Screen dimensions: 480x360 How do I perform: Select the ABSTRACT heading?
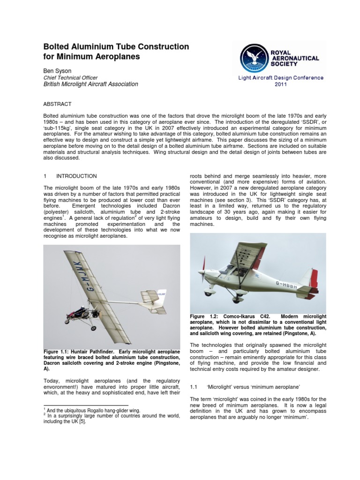click(x=57, y=104)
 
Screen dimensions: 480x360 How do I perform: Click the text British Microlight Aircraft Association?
click(x=91, y=84)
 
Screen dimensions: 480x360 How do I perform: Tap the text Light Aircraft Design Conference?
click(x=280, y=78)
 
